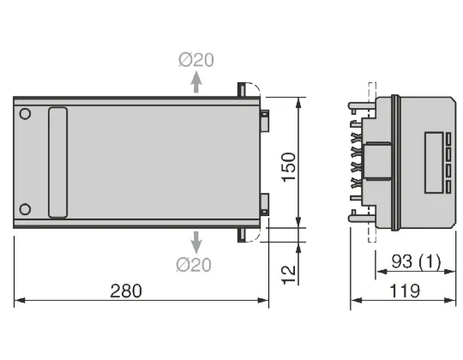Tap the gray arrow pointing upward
click(196, 81)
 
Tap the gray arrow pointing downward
click(196, 240)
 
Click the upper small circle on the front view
click(26, 113)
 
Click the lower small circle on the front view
click(26, 208)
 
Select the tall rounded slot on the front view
click(57, 162)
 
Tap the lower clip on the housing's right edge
click(264, 202)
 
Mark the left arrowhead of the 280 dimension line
click(18, 301)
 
